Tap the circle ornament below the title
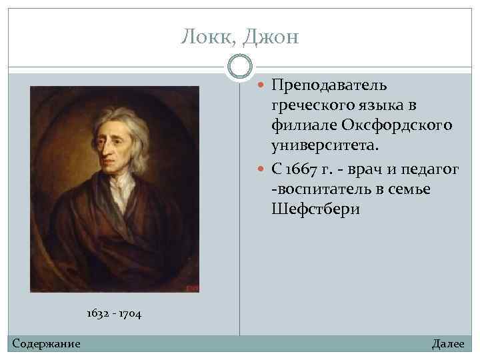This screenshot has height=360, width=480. pyautogui.click(x=240, y=67)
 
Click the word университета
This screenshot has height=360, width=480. pyautogui.click(x=325, y=144)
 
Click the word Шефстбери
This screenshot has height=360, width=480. pyautogui.click(x=315, y=209)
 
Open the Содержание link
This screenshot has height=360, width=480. pyautogui.click(x=47, y=344)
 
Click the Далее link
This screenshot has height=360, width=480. pyautogui.click(x=448, y=344)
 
